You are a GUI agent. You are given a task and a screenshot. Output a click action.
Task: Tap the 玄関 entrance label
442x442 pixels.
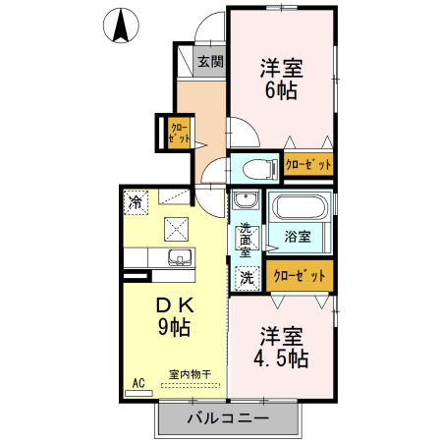(209, 62)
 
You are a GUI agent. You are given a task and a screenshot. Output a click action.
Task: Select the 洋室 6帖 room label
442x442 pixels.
(281, 79)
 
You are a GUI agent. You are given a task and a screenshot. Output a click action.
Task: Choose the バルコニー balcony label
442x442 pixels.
(228, 419)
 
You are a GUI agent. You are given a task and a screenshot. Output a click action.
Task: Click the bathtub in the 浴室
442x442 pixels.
(301, 208)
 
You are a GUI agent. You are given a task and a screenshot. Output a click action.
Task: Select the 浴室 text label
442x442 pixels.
(298, 237)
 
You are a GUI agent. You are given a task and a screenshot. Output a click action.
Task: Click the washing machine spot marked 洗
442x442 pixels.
(247, 277)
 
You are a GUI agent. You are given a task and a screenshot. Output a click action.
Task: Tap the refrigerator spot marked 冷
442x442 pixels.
(134, 202)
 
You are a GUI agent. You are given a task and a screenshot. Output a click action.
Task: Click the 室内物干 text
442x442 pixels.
(191, 374)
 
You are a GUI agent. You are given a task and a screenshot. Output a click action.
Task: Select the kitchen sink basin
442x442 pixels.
(179, 258)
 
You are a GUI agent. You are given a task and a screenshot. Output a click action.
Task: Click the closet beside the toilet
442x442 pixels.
(308, 165)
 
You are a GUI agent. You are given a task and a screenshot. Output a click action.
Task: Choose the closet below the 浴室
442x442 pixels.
(300, 276)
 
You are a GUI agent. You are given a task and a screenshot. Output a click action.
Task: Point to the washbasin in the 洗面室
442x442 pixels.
(246, 203)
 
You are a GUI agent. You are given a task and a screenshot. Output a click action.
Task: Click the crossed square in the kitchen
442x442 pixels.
(178, 229)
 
